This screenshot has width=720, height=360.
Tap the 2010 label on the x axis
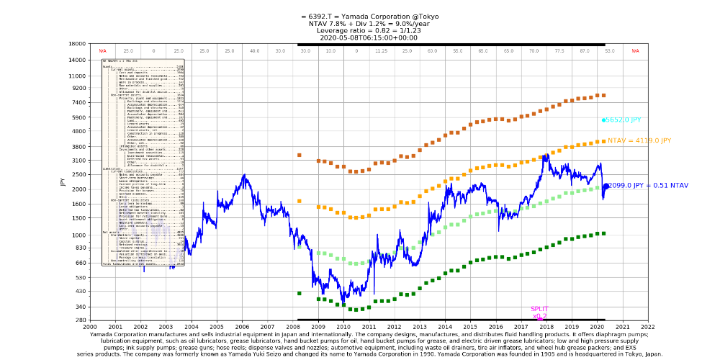click(x=343, y=327)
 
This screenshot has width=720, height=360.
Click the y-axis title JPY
click(x=63, y=181)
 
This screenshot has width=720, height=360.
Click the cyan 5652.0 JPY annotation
click(x=624, y=120)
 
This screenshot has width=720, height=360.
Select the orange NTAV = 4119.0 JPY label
click(x=639, y=141)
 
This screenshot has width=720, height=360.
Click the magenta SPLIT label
click(x=539, y=309)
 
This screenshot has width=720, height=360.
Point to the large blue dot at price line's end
click(x=606, y=186)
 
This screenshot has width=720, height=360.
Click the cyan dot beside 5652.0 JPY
click(x=604, y=120)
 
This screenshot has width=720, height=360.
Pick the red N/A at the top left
click(x=103, y=51)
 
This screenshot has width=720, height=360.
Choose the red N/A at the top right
click(x=635, y=51)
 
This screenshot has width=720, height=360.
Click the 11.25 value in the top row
click(x=381, y=51)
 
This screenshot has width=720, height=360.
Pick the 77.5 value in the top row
click(x=559, y=51)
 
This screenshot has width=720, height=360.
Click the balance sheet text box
click(x=143, y=163)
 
